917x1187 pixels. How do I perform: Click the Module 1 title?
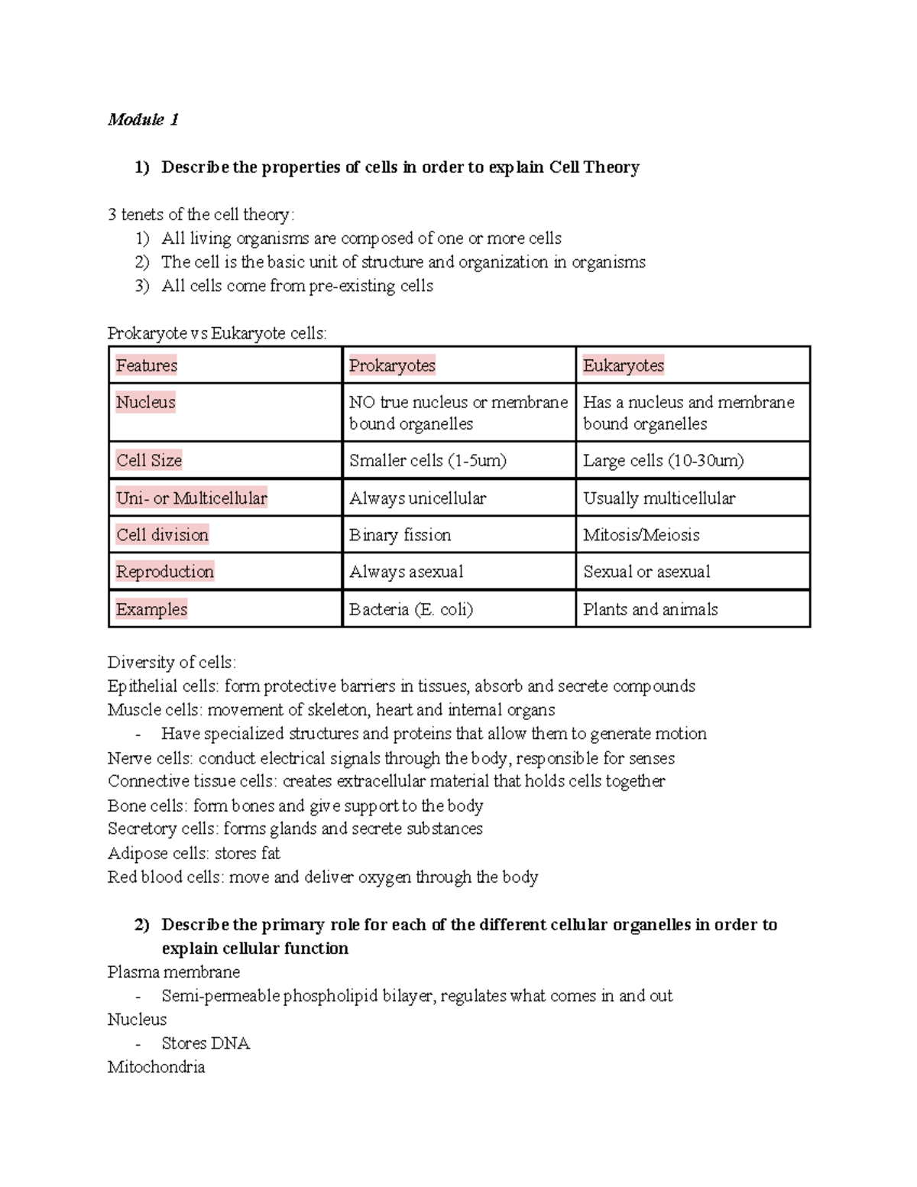[x=143, y=119]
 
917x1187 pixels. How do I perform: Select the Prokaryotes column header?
[x=392, y=365]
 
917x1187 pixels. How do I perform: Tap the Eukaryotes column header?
[x=623, y=365]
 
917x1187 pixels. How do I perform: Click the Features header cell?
[x=146, y=365]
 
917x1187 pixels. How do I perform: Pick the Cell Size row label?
[x=149, y=460]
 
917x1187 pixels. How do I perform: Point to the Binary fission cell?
[x=400, y=535]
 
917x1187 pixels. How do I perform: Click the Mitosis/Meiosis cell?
[x=641, y=535]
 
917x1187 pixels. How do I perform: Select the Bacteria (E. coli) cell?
[x=411, y=609]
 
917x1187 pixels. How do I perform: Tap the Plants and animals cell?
[x=650, y=609]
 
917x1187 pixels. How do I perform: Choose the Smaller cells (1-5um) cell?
[x=428, y=460]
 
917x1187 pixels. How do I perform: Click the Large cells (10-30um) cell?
[x=663, y=460]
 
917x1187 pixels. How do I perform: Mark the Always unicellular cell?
[x=417, y=498]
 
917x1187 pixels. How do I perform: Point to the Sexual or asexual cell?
[x=646, y=572]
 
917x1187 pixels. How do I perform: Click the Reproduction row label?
[x=164, y=572]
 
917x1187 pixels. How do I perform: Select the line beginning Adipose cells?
[x=193, y=853]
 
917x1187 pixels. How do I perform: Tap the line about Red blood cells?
[x=322, y=877]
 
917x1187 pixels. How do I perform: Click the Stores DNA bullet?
[x=206, y=1043]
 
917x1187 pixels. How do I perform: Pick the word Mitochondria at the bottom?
[x=156, y=1067]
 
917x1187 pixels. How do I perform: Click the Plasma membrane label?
[x=173, y=972]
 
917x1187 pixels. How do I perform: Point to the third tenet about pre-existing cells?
[x=296, y=286]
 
